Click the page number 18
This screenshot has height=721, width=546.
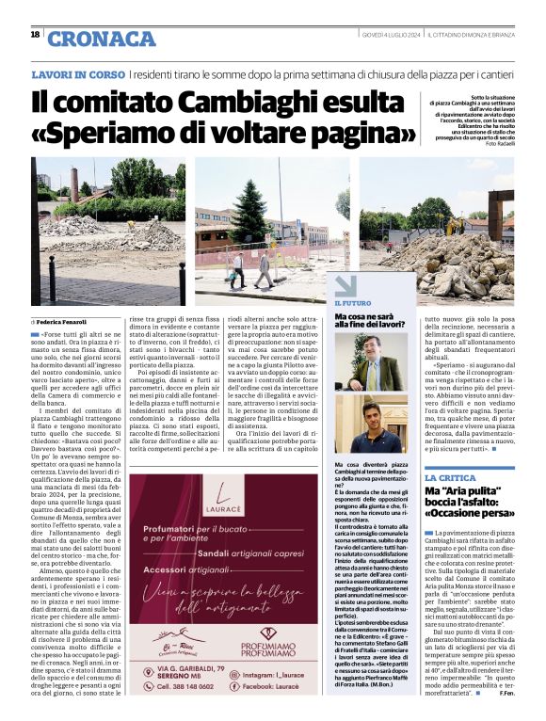click(35, 35)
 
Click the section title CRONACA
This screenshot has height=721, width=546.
click(101, 39)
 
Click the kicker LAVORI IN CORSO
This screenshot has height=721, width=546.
click(76, 73)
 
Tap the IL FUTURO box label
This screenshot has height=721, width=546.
click(353, 303)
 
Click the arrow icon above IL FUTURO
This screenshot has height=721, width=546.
click(342, 286)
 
